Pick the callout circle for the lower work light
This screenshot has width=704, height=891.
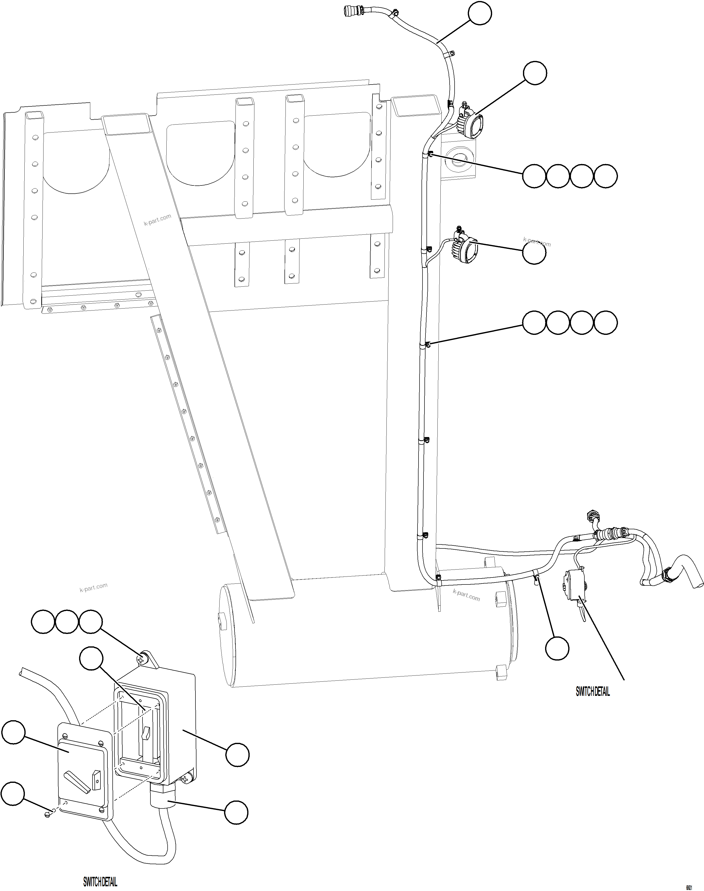tap(534, 253)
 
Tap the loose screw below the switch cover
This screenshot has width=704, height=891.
tap(48, 813)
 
